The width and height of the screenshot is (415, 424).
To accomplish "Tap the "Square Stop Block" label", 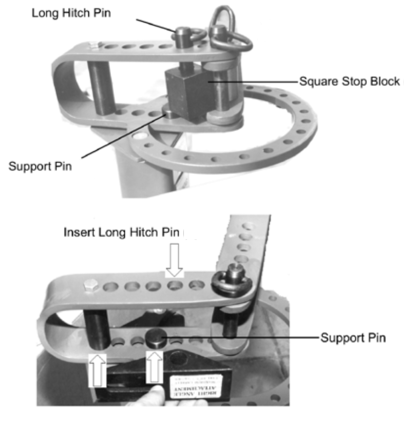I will click(348, 82).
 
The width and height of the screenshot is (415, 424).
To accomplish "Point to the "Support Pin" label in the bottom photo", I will click(352, 338).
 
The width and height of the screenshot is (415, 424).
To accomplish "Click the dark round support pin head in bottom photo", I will click(155, 337).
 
